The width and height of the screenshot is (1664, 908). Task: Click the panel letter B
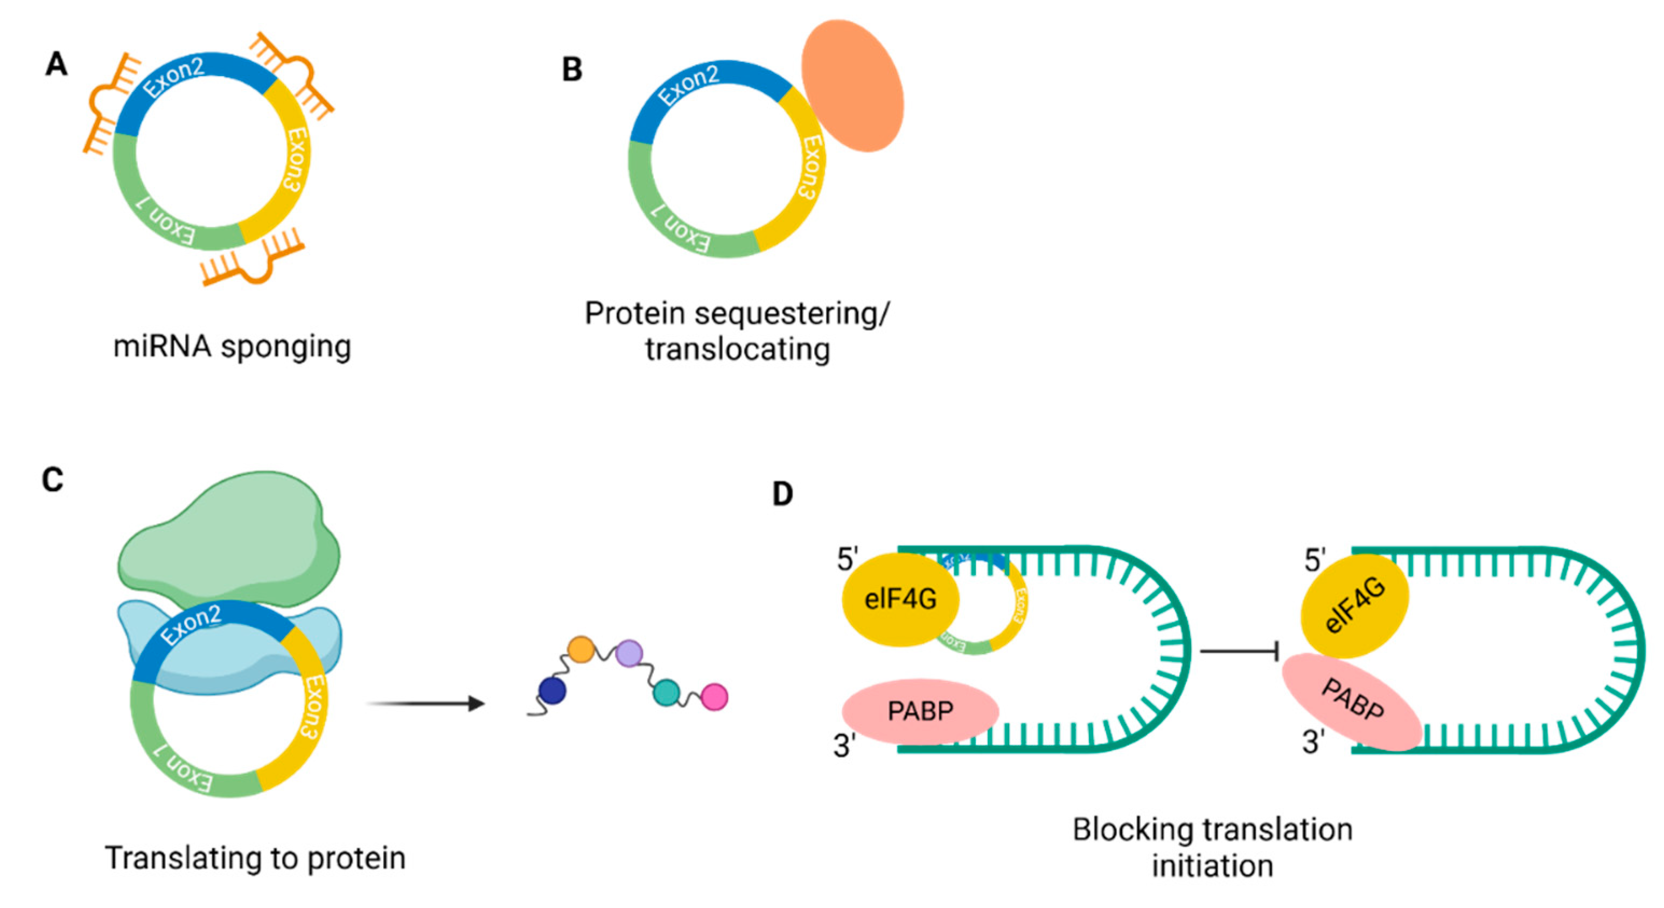pyautogui.click(x=572, y=70)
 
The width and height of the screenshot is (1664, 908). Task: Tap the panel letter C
pyautogui.click(x=52, y=480)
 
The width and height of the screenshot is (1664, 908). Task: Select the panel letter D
pyautogui.click(x=782, y=494)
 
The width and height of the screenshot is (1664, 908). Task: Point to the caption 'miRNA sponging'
pyautogui.click(x=232, y=346)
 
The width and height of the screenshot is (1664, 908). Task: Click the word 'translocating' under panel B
pyautogui.click(x=737, y=350)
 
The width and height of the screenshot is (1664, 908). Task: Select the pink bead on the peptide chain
pyautogui.click(x=715, y=697)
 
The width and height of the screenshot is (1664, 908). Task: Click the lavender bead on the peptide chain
pyautogui.click(x=628, y=653)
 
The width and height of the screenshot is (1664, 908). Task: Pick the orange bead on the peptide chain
pyautogui.click(x=581, y=649)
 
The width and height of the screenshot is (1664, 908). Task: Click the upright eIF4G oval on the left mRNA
pyautogui.click(x=900, y=599)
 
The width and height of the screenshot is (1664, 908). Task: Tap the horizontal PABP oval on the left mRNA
pyautogui.click(x=920, y=711)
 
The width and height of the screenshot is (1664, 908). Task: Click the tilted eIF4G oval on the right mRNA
pyautogui.click(x=1354, y=606)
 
